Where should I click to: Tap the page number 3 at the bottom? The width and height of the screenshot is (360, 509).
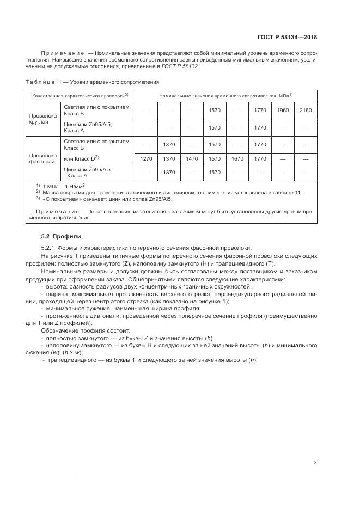click(315, 463)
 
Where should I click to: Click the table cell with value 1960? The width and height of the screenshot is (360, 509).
click(283, 111)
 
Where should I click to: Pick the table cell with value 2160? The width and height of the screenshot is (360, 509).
click(306, 111)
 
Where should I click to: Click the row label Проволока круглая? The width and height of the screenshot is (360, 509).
click(42, 119)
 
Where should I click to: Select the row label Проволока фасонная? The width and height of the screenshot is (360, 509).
click(42, 158)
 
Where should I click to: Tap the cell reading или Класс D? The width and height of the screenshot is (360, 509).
click(81, 158)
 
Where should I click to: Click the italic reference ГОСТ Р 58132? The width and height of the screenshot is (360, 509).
click(182, 66)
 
